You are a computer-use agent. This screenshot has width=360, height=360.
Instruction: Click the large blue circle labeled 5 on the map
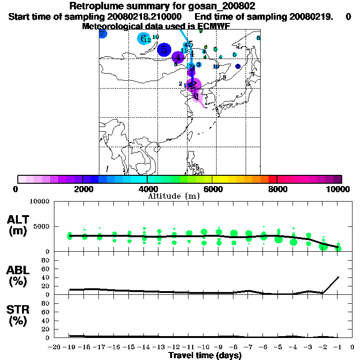point(164,49)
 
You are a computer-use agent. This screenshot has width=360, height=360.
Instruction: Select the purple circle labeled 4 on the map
point(178,58)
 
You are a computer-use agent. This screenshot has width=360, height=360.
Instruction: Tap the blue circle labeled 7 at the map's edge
point(103,34)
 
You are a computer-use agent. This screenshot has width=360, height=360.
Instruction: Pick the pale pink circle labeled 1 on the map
point(196,97)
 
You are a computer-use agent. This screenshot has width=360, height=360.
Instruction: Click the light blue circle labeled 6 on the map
point(143,38)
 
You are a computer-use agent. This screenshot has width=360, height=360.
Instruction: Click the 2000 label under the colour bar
point(82,189)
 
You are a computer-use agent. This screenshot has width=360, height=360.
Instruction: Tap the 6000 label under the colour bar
point(212,189)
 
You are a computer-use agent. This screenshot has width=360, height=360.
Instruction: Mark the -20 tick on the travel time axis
point(54,347)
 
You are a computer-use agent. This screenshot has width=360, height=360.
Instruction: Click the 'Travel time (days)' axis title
point(205,355)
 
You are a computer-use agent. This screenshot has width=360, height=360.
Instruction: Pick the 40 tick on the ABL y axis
point(46,277)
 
